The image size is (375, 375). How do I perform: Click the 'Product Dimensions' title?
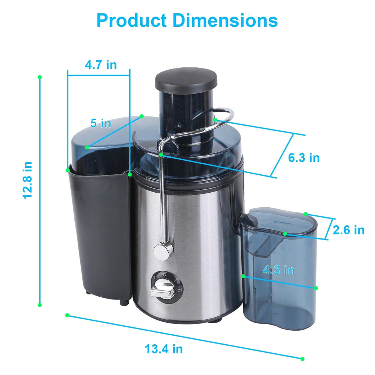coord(187,21)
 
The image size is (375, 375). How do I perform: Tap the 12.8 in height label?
coord(28,180)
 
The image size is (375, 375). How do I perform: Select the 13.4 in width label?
coord(163,349)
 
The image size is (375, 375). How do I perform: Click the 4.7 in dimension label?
coord(101,65)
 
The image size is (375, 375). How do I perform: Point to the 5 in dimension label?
coord(101,123)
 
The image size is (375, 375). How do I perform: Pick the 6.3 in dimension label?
coord(304,157)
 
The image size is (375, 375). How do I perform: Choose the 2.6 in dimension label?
coord(348,230)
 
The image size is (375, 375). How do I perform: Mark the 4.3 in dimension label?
coord(279,270)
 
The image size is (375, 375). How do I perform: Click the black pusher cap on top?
coord(186,79)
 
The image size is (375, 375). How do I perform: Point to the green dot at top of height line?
coord(40,77)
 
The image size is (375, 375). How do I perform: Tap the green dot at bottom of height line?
coord(40,305)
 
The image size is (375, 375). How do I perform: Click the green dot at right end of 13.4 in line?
coord(302,359)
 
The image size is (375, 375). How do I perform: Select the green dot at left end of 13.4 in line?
coord(67,315)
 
